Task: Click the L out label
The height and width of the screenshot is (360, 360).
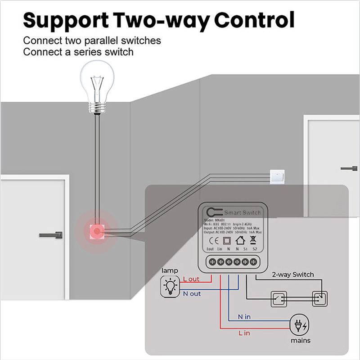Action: (191, 279)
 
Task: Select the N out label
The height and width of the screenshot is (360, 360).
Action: (192, 294)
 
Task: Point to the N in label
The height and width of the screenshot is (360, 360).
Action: (244, 317)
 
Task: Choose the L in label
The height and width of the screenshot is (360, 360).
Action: (244, 333)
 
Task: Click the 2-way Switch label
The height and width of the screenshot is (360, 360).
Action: (292, 274)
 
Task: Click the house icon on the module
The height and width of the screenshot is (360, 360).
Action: (240, 240)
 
